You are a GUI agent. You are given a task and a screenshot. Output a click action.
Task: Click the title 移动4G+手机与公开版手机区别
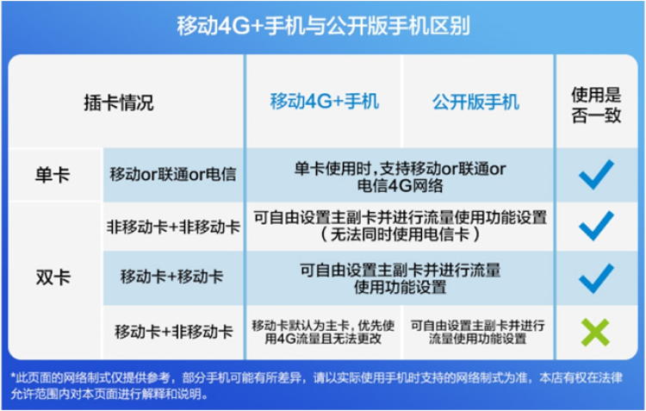tap(323, 27)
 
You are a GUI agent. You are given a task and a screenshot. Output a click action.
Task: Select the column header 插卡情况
tap(119, 103)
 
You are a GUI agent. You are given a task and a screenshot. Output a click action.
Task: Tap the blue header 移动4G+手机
tap(324, 102)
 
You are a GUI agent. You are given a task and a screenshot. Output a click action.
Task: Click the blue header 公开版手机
tap(475, 102)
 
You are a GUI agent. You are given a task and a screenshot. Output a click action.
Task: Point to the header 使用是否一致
tap(596, 105)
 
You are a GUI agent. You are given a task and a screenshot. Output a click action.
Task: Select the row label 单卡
tap(53, 175)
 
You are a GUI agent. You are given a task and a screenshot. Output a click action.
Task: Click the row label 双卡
tap(53, 277)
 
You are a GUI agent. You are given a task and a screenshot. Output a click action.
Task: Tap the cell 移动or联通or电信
tap(173, 174)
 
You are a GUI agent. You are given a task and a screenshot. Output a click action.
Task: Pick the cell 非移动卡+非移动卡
tap(173, 227)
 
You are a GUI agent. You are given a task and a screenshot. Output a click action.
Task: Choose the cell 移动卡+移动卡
tap(171, 277)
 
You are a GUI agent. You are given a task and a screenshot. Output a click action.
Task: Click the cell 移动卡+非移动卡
tap(174, 332)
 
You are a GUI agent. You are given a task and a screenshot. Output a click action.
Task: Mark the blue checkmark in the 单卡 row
tap(596, 174)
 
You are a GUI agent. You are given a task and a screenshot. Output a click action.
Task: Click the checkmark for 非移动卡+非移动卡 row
tap(596, 226)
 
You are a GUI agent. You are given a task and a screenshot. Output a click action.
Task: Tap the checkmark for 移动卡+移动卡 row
tap(596, 278)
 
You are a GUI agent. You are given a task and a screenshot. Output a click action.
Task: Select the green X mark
tap(595, 333)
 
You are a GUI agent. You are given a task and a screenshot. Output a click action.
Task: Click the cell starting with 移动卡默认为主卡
tap(323, 332)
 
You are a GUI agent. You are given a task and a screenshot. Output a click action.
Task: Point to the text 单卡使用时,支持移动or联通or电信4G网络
tap(400, 177)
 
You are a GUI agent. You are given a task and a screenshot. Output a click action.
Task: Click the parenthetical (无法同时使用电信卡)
tap(400, 234)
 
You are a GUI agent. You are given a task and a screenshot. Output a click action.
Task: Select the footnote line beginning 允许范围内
tap(109, 394)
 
